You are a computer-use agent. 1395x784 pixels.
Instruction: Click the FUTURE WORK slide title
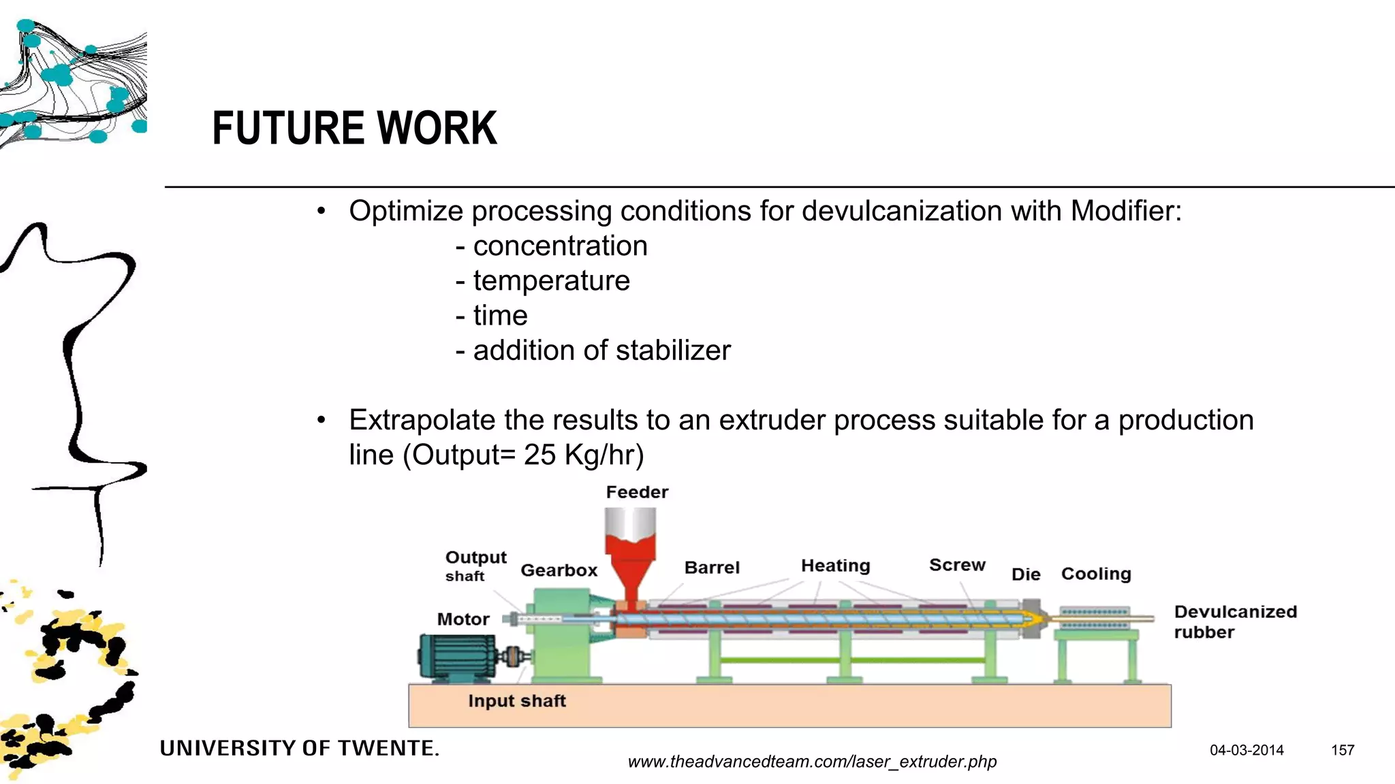(354, 128)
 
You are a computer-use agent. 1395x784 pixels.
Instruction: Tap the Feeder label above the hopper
(637, 492)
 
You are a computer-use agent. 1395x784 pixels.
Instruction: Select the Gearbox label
(559, 570)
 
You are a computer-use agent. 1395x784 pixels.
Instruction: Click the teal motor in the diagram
(457, 657)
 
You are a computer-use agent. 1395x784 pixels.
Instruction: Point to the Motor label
(463, 619)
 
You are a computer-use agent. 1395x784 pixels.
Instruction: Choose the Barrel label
(712, 568)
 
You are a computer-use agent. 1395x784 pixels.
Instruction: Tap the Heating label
(835, 566)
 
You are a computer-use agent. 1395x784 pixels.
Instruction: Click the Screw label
(957, 565)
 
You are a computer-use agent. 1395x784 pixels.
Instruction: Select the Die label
(1026, 574)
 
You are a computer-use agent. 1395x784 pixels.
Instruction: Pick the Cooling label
(1096, 574)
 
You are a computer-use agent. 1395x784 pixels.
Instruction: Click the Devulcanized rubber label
(1234, 621)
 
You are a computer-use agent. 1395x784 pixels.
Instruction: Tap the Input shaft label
(517, 701)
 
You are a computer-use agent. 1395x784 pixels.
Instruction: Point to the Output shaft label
(475, 566)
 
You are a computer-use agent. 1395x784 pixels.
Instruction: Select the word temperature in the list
(551, 280)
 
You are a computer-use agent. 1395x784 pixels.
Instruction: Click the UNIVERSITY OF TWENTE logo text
(300, 749)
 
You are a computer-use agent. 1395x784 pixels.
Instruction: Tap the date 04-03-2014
(1247, 750)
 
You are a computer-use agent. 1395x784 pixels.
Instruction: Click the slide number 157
(1343, 750)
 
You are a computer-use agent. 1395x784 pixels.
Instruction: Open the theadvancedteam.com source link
(812, 762)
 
